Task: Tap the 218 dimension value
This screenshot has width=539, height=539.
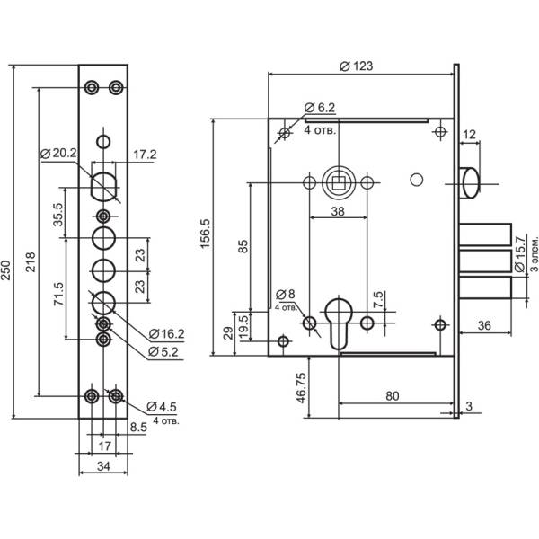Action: tap(31, 261)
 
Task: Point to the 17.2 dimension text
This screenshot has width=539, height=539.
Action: tap(145, 155)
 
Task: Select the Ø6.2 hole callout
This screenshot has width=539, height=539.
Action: tap(320, 107)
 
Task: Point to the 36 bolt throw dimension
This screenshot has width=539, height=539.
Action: tap(482, 325)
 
